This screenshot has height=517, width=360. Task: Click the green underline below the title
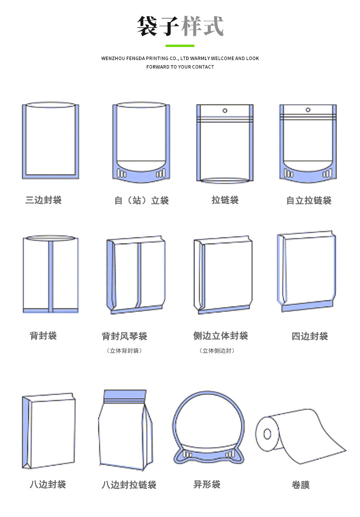pyautogui.click(x=180, y=46)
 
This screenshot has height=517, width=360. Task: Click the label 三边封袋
pyautogui.click(x=44, y=200)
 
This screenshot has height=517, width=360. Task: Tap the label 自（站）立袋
pyautogui.click(x=142, y=200)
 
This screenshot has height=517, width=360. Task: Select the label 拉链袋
pyautogui.click(x=225, y=200)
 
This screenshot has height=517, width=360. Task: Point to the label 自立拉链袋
pyautogui.click(x=309, y=200)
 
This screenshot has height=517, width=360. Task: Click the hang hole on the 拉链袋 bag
pyautogui.click(x=225, y=111)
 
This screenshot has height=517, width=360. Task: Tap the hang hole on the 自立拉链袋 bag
pyautogui.click(x=308, y=110)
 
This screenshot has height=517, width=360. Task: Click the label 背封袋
pyautogui.click(x=43, y=336)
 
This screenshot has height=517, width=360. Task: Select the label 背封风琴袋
pyautogui.click(x=124, y=336)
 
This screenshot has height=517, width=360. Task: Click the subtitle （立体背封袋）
pyautogui.click(x=124, y=351)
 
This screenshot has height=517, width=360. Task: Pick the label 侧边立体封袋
pyautogui.click(x=220, y=336)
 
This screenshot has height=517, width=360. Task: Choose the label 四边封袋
pyautogui.click(x=310, y=336)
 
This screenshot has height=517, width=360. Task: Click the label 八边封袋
pyautogui.click(x=48, y=484)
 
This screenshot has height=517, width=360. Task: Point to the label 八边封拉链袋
pyautogui.click(x=129, y=485)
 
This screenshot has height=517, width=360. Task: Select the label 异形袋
pyautogui.click(x=207, y=484)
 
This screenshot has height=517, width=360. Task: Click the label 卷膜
pyautogui.click(x=300, y=485)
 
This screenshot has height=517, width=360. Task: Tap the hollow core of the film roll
pyautogui.click(x=267, y=434)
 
